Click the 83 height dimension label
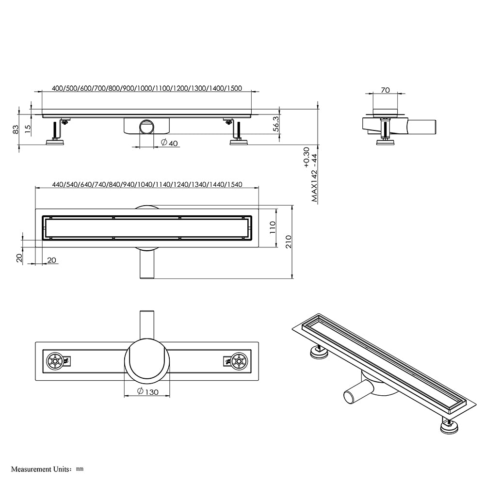(16, 129)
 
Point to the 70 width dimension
(386, 90)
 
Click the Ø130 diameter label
(147, 391)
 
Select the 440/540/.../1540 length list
(146, 184)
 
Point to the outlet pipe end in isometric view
(350, 396)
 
